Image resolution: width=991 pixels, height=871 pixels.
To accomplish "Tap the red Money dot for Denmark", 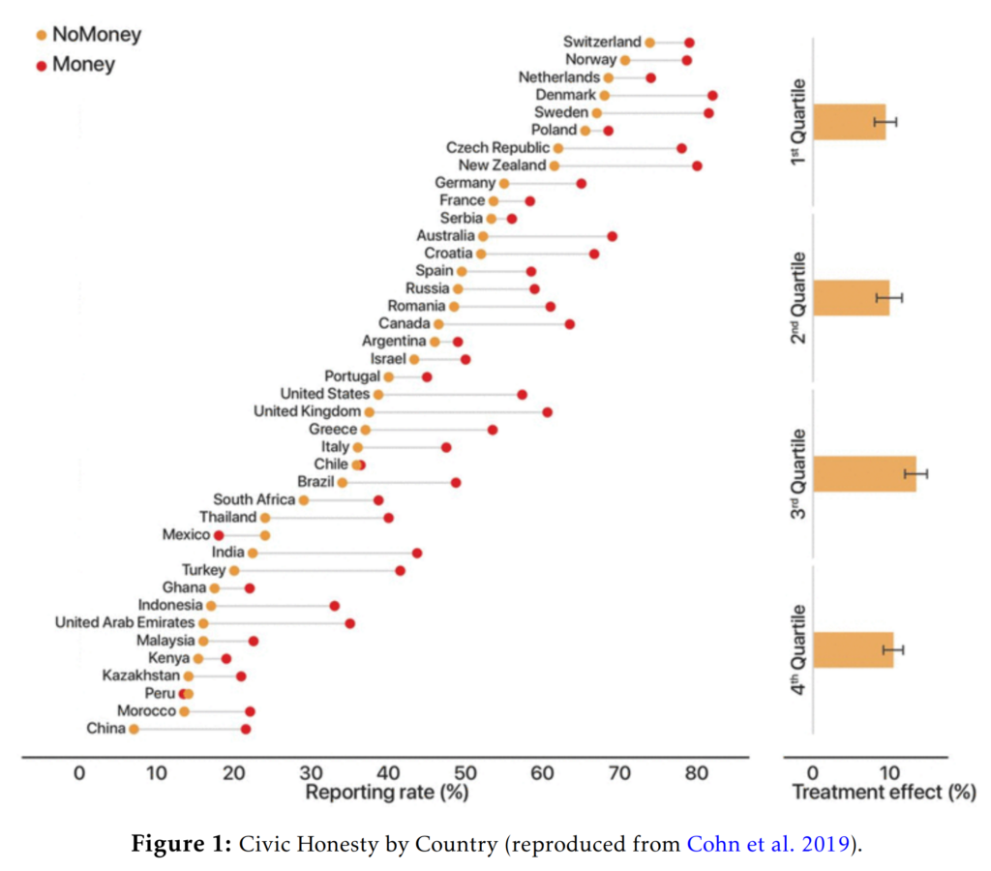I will point(712,95).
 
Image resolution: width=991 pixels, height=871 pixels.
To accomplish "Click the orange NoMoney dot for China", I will point(134,729).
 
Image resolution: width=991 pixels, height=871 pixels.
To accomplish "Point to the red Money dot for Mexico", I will point(219,535).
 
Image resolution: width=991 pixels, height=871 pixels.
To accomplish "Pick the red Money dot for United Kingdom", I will point(547,412).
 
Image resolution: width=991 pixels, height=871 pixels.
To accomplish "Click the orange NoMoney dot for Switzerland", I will point(649,43).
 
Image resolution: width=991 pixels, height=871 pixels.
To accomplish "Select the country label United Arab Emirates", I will point(125,622).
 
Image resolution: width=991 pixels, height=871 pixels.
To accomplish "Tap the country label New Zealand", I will point(501,165).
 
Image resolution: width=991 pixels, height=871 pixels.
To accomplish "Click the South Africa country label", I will point(254,499).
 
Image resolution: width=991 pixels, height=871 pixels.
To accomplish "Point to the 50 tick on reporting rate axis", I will point(465,773).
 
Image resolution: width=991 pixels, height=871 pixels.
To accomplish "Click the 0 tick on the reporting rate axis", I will point(78,773).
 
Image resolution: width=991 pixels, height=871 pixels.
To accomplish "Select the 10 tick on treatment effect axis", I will point(887,773).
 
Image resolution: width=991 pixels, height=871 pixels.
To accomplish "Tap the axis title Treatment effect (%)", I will point(884,794).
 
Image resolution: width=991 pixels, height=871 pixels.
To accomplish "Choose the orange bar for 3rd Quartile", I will point(864,473).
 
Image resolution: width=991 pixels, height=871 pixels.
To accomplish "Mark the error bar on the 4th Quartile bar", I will point(892,649).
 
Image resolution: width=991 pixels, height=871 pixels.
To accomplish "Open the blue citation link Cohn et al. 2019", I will point(770,844).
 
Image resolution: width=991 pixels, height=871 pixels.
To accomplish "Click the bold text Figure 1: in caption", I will point(177,844).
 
